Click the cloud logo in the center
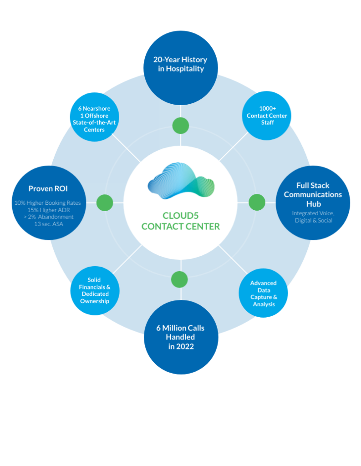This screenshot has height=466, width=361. click(x=181, y=181)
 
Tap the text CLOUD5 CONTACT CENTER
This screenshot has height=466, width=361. click(x=180, y=221)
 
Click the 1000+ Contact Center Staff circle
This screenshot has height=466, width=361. click(x=267, y=116)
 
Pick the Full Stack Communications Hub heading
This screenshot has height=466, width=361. click(x=313, y=194)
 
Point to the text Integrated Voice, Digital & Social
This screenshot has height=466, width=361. click(x=313, y=217)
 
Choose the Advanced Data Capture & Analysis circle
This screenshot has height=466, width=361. click(x=263, y=294)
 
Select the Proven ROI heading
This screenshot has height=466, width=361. click(x=48, y=188)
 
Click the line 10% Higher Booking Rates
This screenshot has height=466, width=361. click(x=47, y=203)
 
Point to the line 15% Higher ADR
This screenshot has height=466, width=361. click(x=47, y=210)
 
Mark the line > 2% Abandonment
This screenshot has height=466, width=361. click(x=47, y=217)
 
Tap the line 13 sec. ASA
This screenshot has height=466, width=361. click(x=47, y=224)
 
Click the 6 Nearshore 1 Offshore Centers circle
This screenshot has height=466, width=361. click(x=95, y=119)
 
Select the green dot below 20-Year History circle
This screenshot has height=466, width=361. click(x=180, y=125)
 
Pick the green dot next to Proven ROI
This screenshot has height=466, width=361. click(x=105, y=202)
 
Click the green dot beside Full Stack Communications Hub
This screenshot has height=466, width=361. click(x=257, y=202)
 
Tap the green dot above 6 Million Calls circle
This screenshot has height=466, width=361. click(x=180, y=279)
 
